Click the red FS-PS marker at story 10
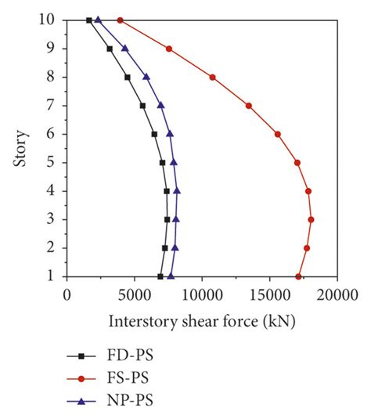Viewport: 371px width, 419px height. [120, 20]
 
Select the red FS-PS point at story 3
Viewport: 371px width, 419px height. [311, 219]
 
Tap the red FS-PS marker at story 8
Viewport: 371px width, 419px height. [212, 77]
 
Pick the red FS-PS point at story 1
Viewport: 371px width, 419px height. [298, 276]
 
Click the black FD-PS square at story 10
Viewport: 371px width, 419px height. [88, 20]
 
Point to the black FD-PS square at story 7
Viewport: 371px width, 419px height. [142, 106]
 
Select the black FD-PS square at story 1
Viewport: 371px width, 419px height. [160, 276]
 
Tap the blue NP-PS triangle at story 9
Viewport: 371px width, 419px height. [124, 49]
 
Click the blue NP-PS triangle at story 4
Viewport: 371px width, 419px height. [177, 190]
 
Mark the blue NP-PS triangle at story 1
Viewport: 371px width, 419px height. [171, 276]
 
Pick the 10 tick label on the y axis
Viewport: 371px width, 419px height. [50, 20]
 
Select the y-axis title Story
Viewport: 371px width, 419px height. [18, 148]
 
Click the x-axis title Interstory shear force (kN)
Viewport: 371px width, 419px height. [202, 321]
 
